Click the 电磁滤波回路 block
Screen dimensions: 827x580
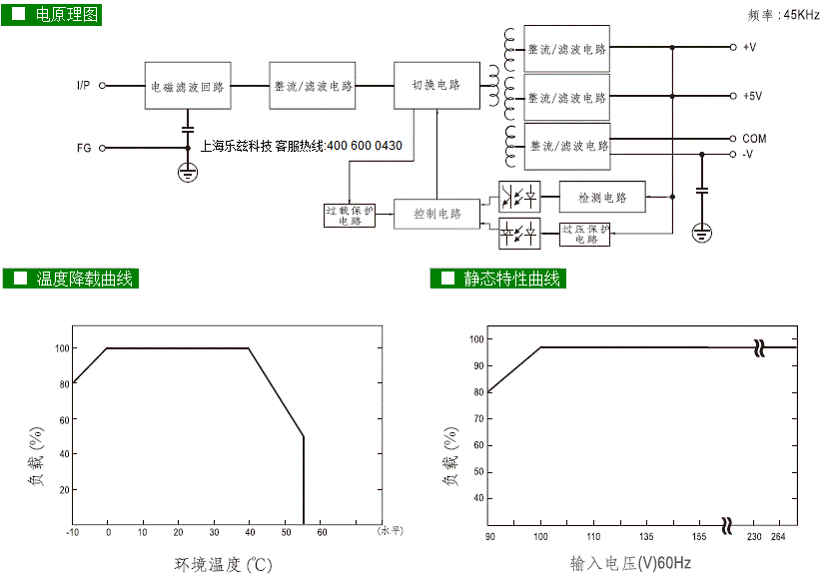(188, 86)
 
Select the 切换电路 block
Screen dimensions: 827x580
(436, 86)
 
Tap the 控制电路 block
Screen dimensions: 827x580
(436, 214)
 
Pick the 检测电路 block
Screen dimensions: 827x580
(602, 197)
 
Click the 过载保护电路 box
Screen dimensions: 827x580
(350, 216)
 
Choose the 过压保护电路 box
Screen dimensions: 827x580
(584, 235)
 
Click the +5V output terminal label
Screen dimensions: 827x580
(753, 96)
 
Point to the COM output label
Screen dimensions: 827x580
(754, 139)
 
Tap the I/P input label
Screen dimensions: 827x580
(83, 86)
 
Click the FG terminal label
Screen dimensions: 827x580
(84, 148)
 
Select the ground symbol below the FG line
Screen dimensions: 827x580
(188, 172)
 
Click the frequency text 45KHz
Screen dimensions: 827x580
(801, 15)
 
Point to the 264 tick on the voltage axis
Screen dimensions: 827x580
(778, 536)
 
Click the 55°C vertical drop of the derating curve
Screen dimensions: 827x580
(304, 480)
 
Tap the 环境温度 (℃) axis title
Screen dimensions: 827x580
(223, 565)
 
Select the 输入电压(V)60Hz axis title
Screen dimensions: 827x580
(630, 563)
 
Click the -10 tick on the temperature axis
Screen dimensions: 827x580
(72, 532)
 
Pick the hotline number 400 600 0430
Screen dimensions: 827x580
(365, 146)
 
